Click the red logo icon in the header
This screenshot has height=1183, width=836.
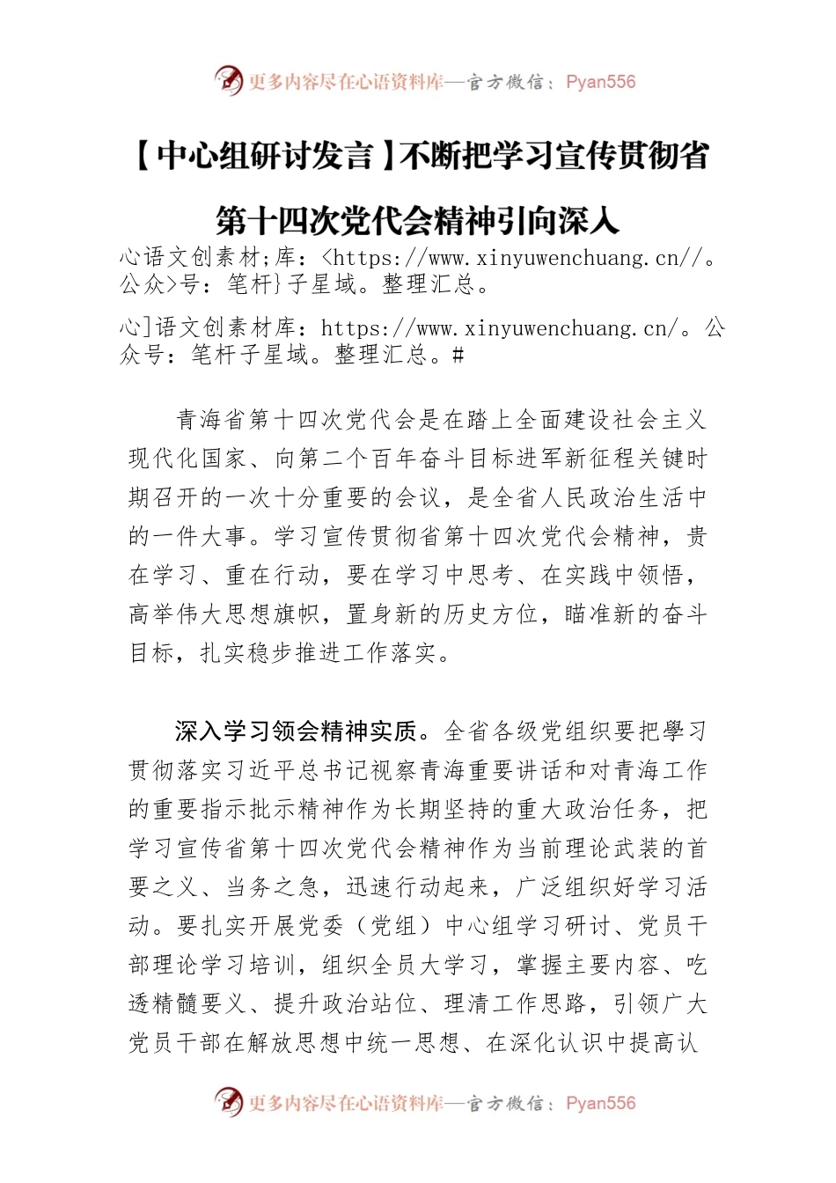click(x=229, y=82)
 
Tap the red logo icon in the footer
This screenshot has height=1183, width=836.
click(x=229, y=1102)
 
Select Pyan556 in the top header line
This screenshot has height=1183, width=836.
click(x=601, y=82)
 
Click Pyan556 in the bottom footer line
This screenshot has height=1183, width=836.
click(x=601, y=1103)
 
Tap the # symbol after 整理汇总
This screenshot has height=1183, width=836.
click(x=458, y=355)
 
